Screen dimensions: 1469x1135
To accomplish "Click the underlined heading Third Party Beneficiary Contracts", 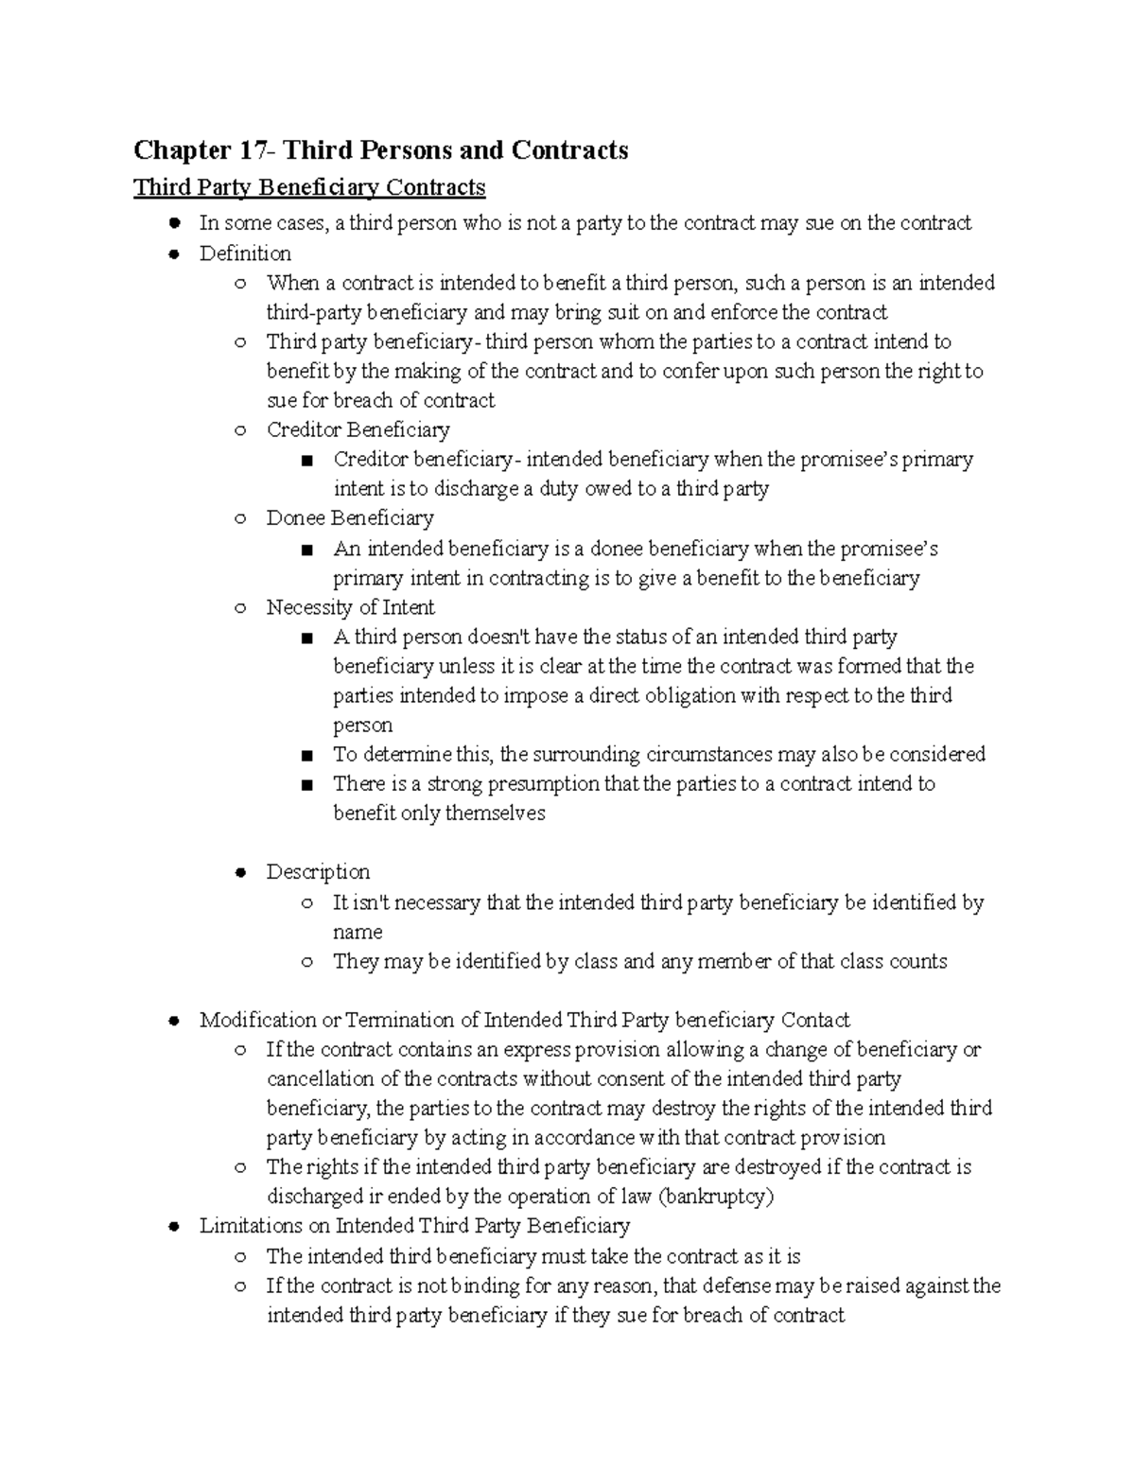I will [309, 187].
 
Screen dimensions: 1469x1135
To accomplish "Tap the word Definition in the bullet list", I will [245, 254].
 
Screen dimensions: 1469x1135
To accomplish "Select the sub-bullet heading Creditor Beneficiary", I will [358, 429].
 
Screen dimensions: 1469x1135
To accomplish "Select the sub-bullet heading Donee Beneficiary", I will [350, 517].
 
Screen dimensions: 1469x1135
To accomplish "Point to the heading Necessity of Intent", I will [350, 607].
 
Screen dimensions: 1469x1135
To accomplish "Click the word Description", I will [318, 871].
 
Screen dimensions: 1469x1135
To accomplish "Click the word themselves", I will [495, 813].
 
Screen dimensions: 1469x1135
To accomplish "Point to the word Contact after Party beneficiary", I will [815, 1020].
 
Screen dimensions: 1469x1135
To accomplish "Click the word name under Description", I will [358, 932].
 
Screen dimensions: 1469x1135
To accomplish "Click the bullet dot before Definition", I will [173, 254].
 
